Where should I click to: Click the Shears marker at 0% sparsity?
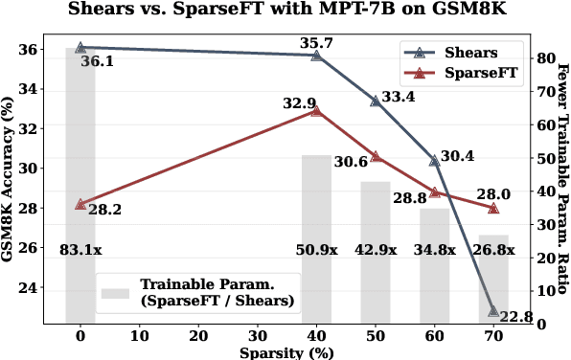(x=80, y=47)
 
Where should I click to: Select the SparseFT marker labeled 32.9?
(x=316, y=111)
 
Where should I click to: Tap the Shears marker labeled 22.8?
(x=493, y=310)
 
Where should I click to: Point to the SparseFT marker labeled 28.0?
(x=493, y=208)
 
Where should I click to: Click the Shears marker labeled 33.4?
(x=376, y=100)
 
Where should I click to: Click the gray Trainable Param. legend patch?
(x=116, y=291)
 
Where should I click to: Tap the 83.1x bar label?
(x=80, y=250)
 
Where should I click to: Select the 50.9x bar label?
(x=316, y=250)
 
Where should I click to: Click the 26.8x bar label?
(x=493, y=250)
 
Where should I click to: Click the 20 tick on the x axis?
(x=198, y=336)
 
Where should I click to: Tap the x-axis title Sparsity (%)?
(x=286, y=352)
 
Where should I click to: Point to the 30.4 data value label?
(x=456, y=155)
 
